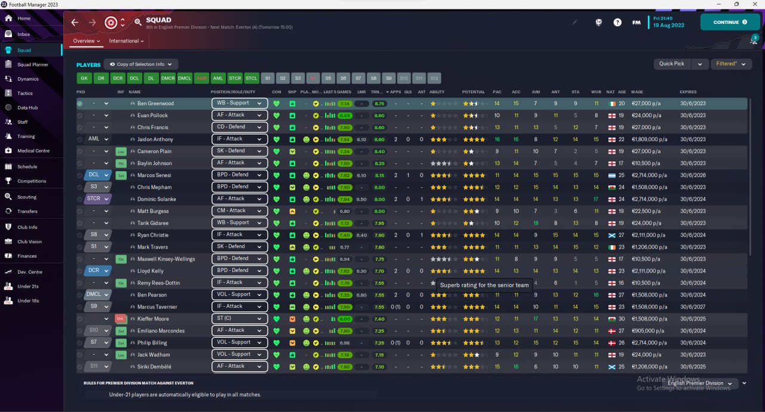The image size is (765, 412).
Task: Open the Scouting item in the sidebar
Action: click(27, 197)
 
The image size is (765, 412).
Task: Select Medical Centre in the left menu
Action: click(33, 151)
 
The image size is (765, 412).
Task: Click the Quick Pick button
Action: click(672, 63)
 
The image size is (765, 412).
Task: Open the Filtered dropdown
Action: click(730, 63)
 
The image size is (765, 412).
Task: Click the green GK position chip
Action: click(84, 78)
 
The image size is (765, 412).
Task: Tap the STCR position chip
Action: click(235, 78)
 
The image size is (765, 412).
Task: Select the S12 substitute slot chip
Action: click(434, 78)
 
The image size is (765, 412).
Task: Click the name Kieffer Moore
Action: click(152, 319)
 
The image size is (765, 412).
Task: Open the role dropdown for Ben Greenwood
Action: click(239, 103)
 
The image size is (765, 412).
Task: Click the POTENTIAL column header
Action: click(473, 92)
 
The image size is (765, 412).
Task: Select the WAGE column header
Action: click(637, 92)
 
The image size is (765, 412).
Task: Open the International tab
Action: click(126, 41)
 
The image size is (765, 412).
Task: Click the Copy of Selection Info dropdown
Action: click(141, 64)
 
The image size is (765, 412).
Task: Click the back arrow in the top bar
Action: click(75, 22)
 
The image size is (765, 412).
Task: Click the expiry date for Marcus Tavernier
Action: click(693, 307)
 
